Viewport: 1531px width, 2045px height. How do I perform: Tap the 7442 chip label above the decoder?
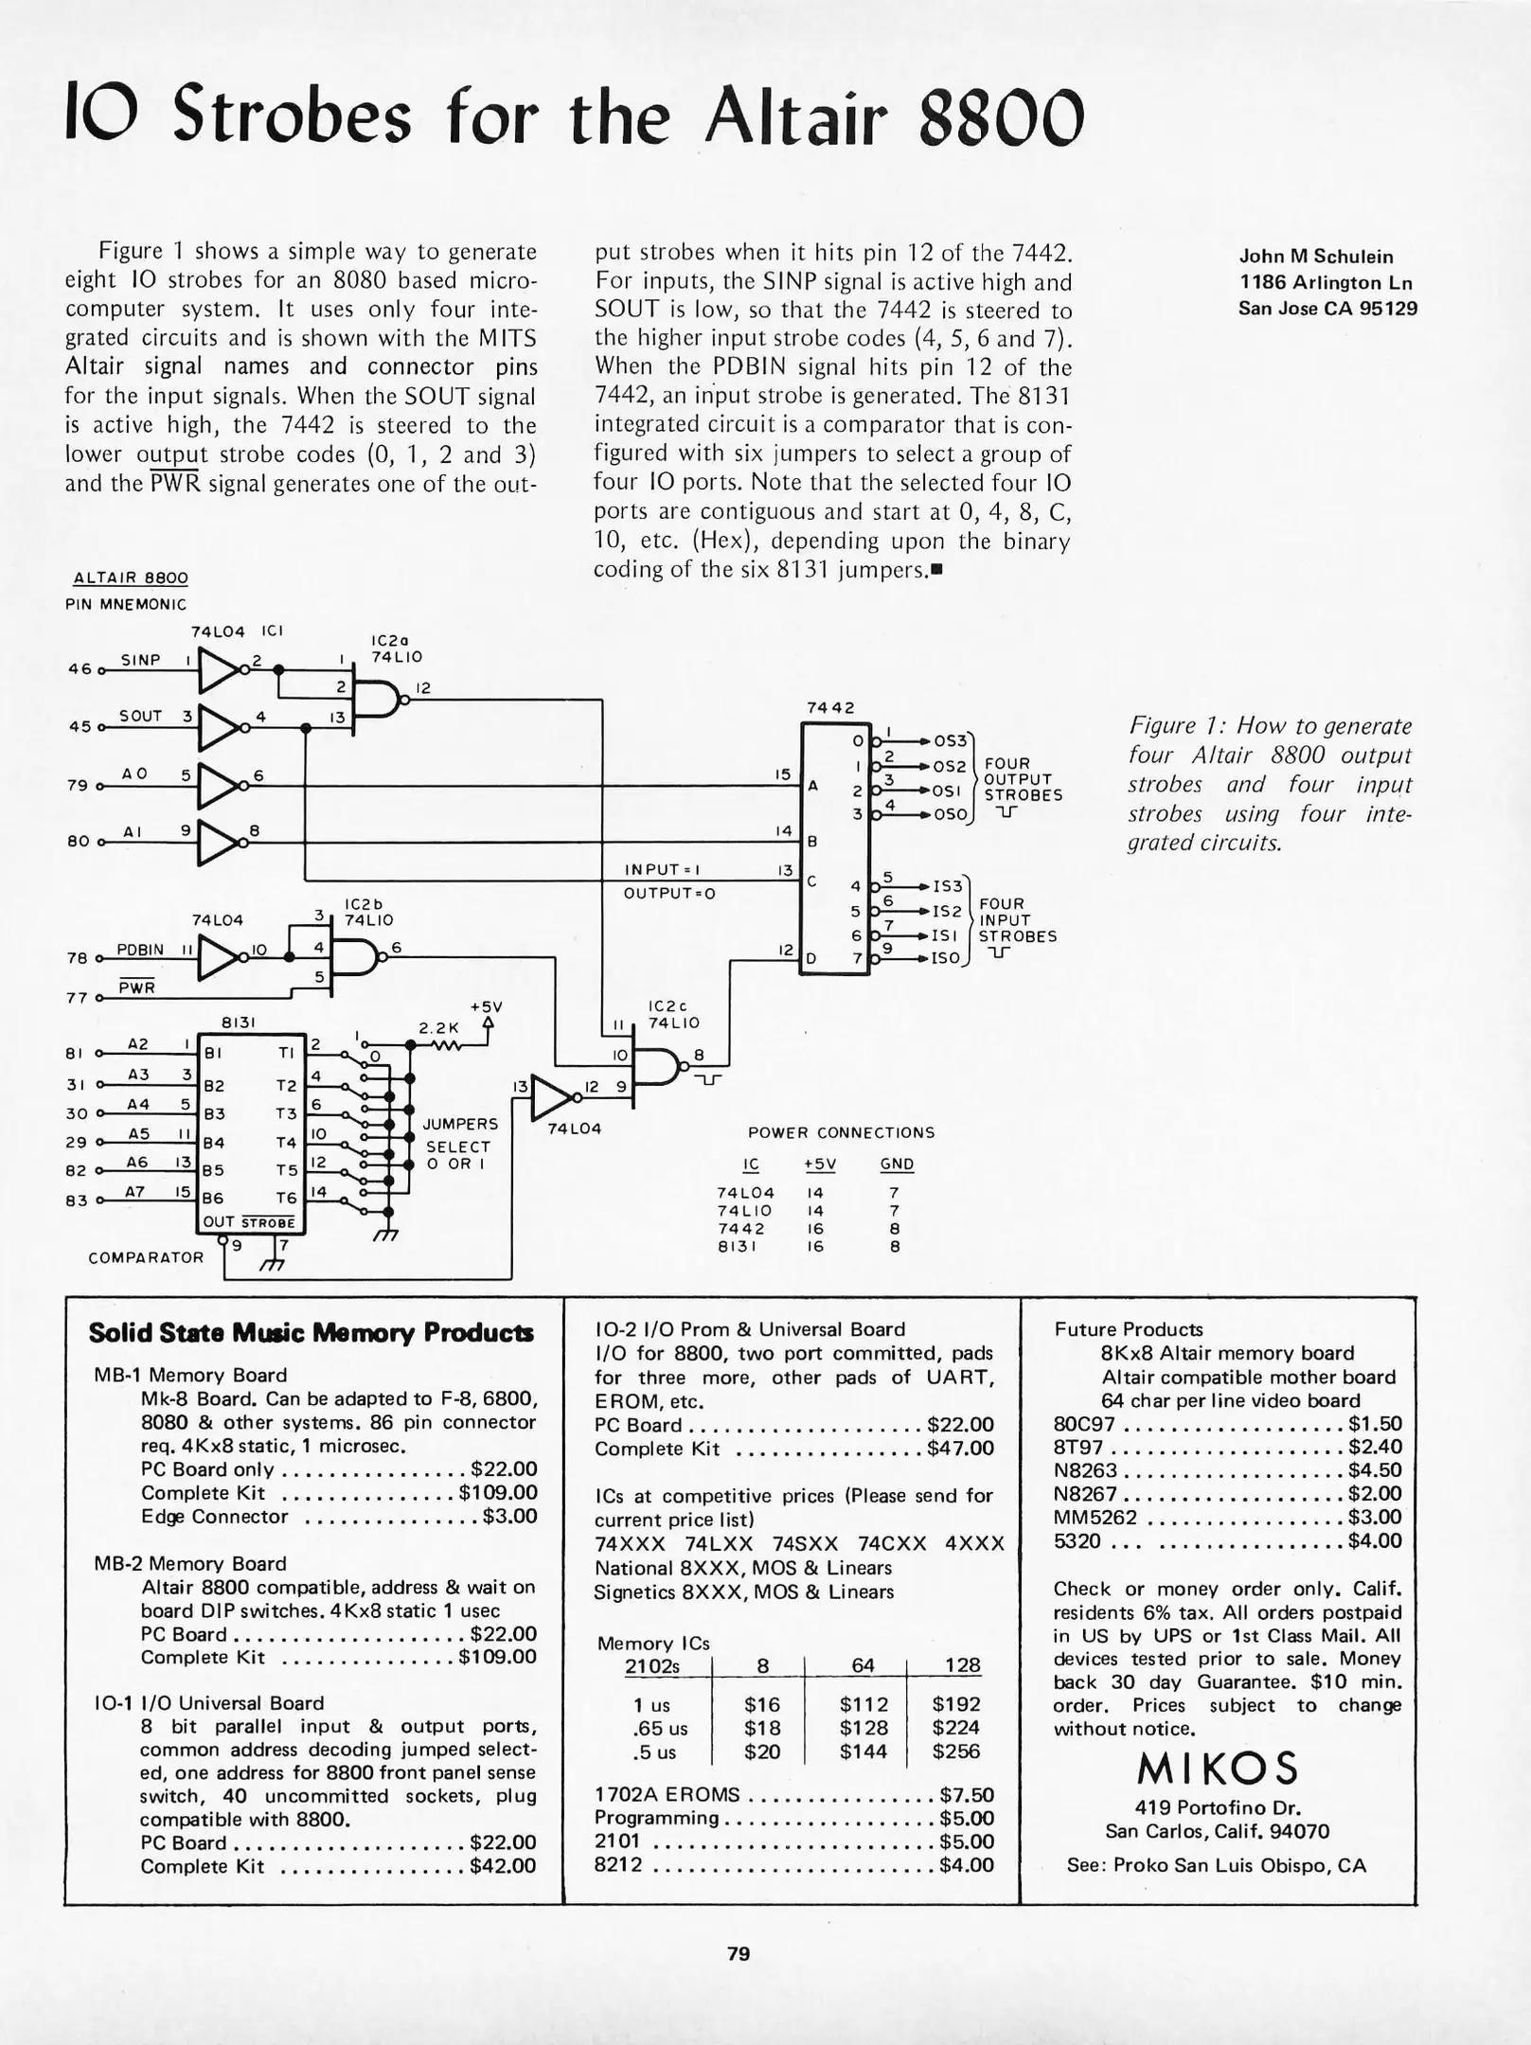[829, 708]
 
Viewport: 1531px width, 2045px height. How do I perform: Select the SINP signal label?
[140, 660]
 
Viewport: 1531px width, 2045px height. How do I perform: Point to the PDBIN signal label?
[140, 949]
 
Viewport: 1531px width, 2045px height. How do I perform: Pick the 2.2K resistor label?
[438, 1028]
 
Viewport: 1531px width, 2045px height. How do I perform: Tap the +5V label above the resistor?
[486, 1006]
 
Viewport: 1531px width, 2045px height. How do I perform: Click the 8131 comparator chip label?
[234, 1022]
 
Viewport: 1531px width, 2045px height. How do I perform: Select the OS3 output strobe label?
[950, 741]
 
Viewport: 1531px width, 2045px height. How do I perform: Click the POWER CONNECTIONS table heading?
[841, 1132]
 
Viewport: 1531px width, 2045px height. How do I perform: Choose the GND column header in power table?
[897, 1165]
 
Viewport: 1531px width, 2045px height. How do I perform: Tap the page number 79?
[739, 1952]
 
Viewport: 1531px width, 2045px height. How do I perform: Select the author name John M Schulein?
[1316, 257]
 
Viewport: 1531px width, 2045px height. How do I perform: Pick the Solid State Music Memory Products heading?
[311, 1333]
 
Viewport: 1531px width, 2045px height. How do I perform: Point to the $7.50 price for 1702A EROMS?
[967, 1794]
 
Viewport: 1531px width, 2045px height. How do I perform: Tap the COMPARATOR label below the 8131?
[146, 1257]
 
